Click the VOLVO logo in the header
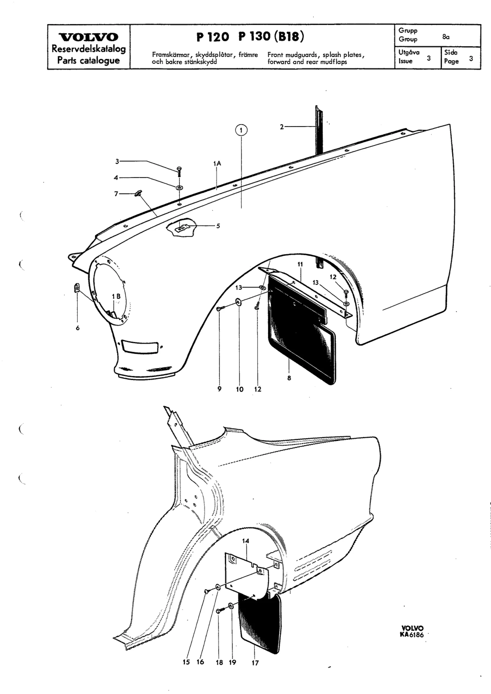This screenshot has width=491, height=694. [x=89, y=37]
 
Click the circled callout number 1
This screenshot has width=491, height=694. [x=241, y=130]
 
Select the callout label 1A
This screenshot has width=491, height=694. [x=217, y=164]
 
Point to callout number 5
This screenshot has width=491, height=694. [x=218, y=226]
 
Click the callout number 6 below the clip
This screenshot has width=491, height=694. [x=77, y=328]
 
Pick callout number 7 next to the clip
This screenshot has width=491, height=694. [x=116, y=194]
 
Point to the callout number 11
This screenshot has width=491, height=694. [x=300, y=264]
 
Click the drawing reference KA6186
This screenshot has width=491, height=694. [x=411, y=635]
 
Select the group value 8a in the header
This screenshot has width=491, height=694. [x=446, y=37]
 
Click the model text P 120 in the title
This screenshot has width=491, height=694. [x=213, y=37]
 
